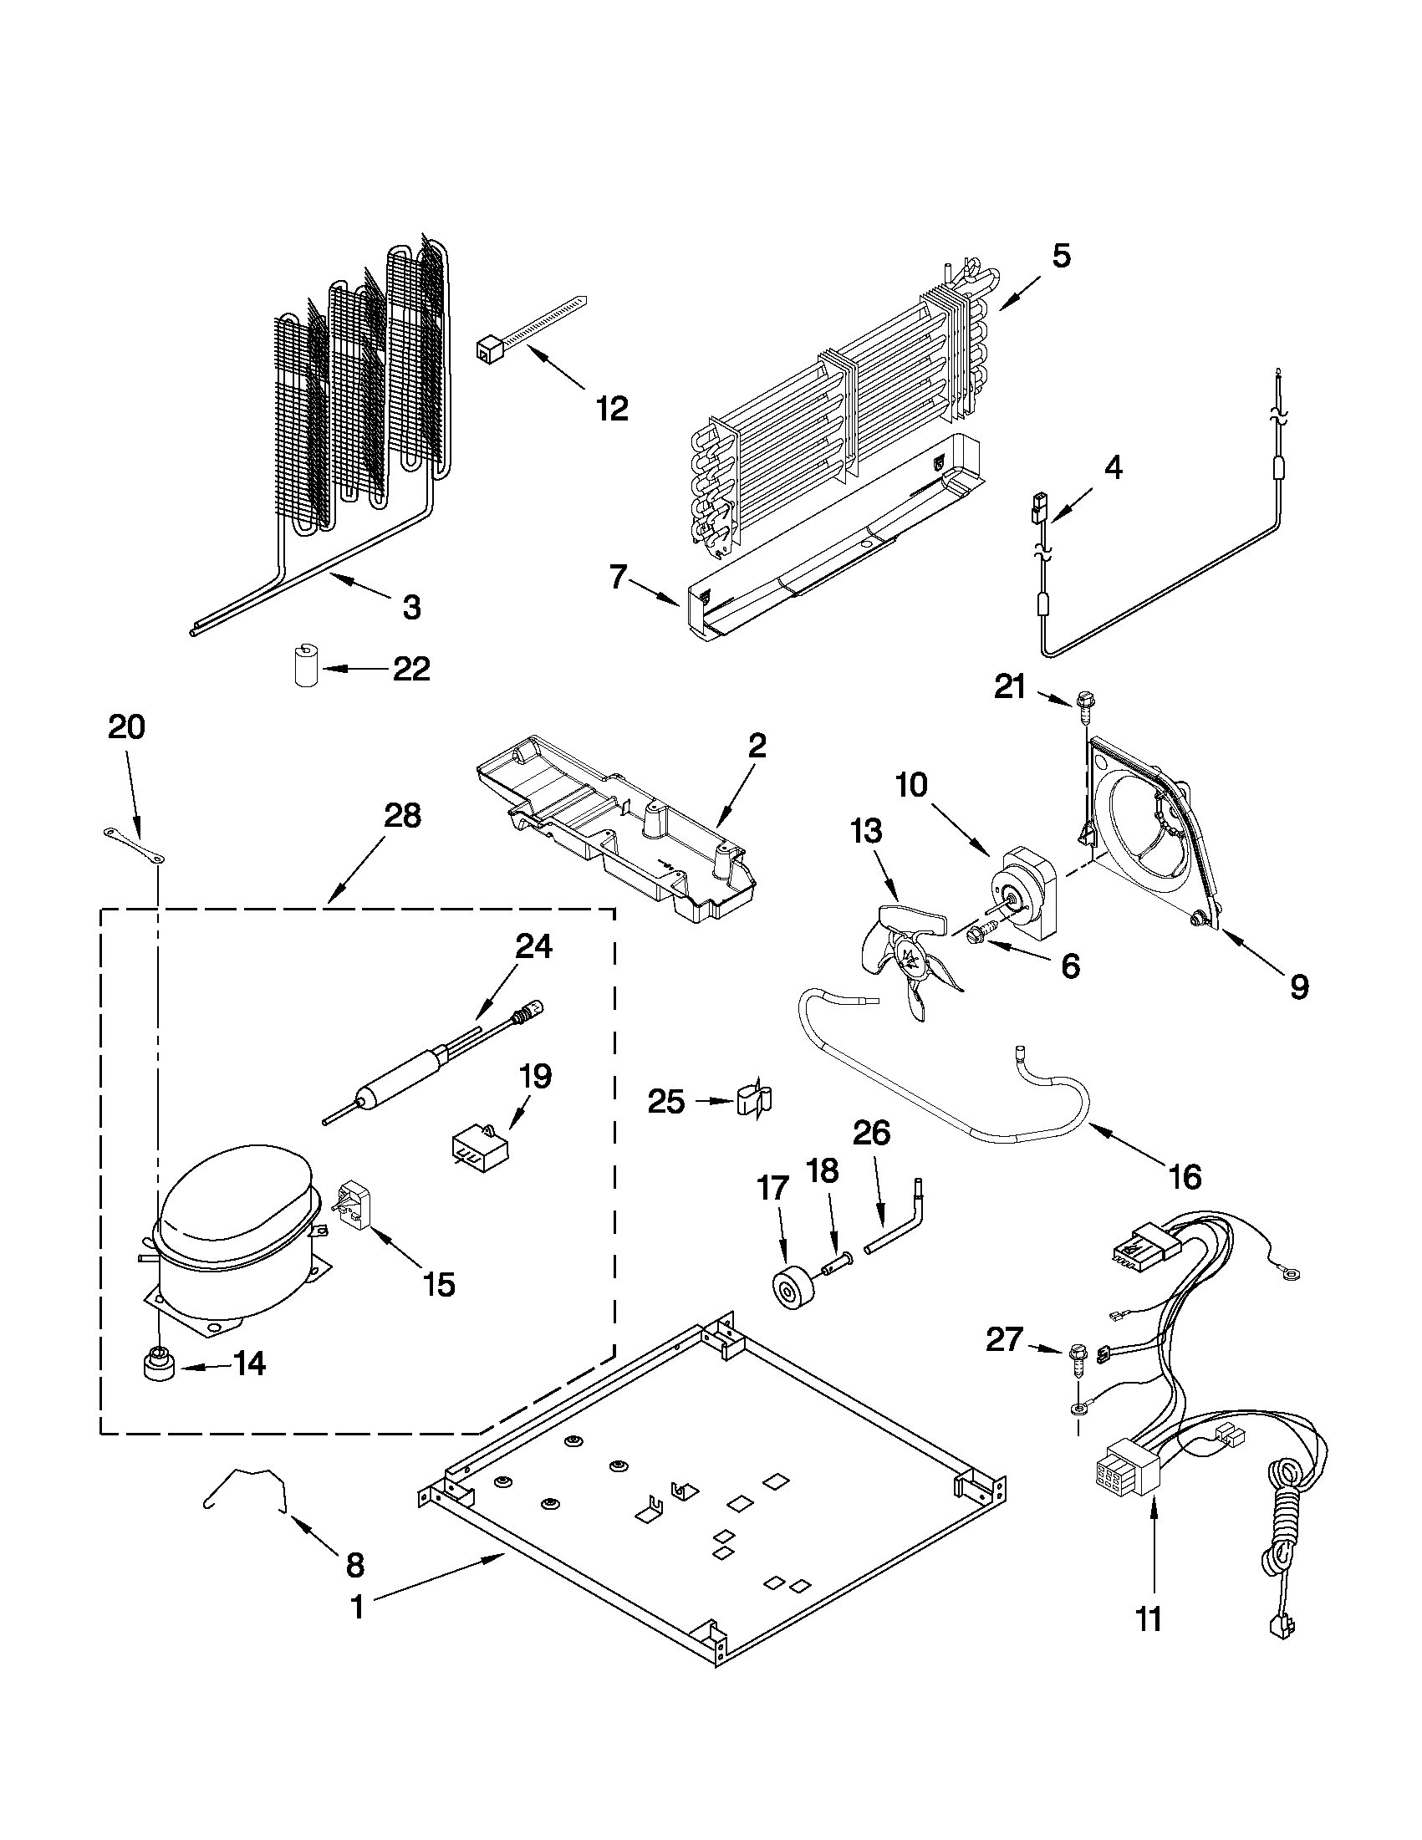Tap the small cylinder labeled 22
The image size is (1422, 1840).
(304, 666)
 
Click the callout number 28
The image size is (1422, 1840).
(402, 816)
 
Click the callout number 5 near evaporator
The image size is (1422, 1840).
(1061, 255)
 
